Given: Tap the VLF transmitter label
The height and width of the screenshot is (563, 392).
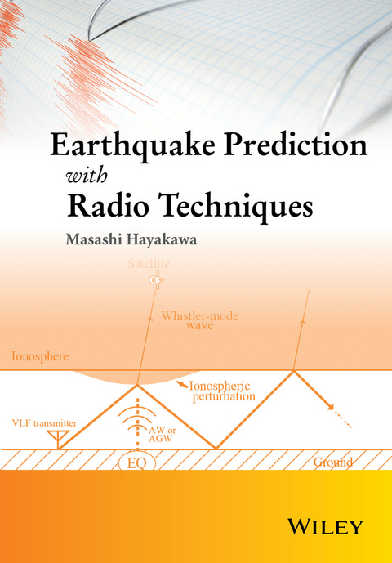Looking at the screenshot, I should click(x=45, y=422).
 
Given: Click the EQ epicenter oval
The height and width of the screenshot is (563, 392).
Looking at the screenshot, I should click(x=137, y=462).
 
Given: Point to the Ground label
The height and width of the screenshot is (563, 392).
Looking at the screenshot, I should click(x=333, y=462).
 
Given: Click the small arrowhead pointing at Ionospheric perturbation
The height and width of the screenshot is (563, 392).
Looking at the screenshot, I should click(x=178, y=383).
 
